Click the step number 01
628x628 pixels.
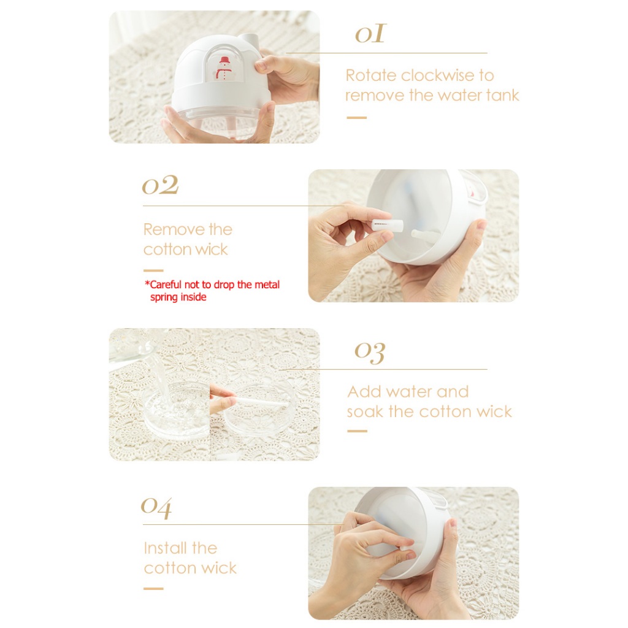coord(370,33)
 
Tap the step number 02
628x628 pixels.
coord(160,185)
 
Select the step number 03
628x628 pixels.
coord(370,353)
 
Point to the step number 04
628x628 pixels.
coord(156,507)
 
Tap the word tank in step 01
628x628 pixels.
coord(502,95)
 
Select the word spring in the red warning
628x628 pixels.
coord(164,297)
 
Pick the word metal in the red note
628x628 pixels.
coord(267,285)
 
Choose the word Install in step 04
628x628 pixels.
coord(164,548)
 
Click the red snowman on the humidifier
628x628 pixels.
coord(224,69)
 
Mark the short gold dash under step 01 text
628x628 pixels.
coord(356,118)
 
